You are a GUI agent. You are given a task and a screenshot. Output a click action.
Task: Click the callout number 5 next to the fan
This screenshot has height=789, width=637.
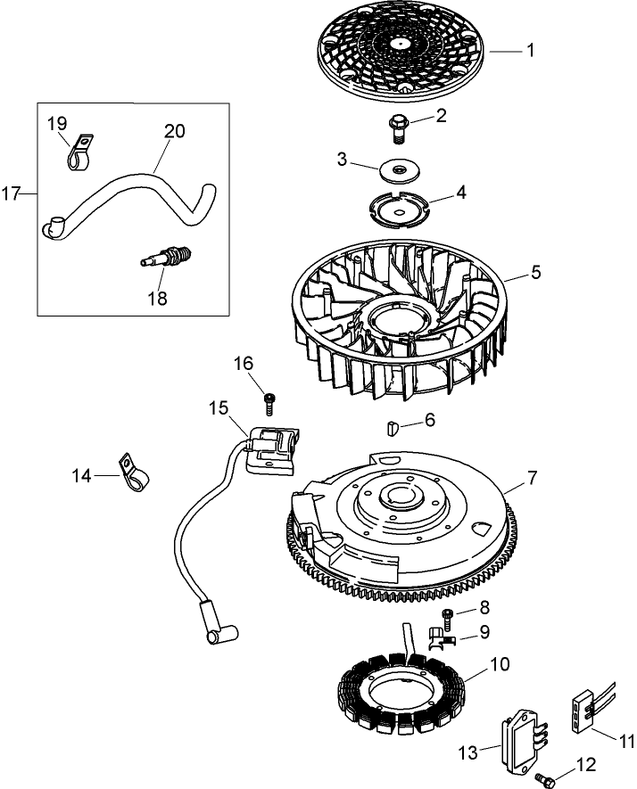(x=535, y=272)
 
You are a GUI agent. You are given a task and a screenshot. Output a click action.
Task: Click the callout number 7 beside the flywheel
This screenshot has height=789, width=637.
(x=532, y=478)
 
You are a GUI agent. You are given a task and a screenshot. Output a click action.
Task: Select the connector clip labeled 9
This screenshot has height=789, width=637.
(x=439, y=636)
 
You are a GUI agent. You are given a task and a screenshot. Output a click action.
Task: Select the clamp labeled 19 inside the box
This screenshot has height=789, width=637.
(x=81, y=152)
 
